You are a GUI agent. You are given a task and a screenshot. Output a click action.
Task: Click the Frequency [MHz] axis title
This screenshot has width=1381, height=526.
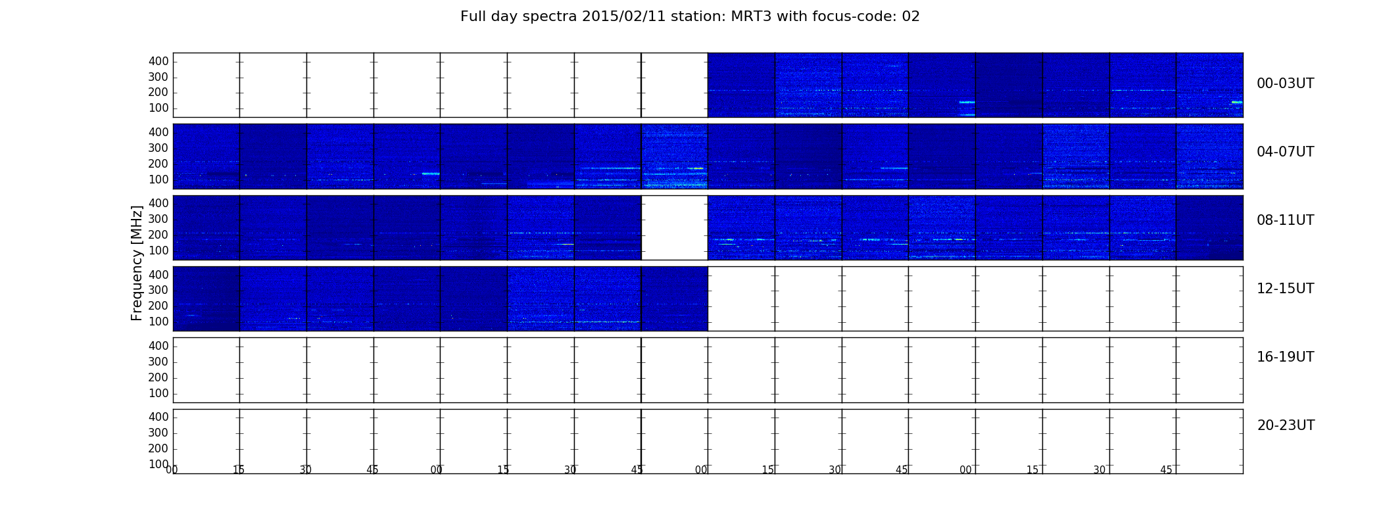point(137,263)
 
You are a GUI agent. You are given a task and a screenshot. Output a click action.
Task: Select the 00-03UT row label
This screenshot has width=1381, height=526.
point(1286,84)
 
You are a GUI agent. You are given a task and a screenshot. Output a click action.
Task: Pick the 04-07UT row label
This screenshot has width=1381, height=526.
point(1286,152)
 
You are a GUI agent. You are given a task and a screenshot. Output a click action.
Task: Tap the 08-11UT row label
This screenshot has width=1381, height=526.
point(1286,220)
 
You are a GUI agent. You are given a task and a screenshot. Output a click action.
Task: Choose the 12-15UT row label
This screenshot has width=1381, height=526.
point(1286,289)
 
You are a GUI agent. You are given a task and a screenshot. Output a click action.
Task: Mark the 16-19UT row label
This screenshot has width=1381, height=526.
point(1286,357)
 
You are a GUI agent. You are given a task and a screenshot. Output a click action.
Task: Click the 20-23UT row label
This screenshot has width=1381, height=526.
point(1286,425)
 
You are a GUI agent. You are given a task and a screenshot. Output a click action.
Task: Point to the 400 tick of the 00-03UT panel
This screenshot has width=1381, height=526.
point(158,61)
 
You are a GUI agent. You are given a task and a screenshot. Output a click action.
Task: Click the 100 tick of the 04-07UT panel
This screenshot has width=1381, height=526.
point(158,179)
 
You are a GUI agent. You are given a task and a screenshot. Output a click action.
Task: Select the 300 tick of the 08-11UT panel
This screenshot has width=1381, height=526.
point(158,219)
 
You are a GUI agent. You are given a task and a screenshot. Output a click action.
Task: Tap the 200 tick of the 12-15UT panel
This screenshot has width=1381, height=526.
point(158,306)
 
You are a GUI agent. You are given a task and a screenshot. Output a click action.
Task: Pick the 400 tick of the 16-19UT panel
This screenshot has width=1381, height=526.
point(158,346)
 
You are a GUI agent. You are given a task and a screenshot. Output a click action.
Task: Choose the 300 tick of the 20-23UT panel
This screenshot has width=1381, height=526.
point(158,433)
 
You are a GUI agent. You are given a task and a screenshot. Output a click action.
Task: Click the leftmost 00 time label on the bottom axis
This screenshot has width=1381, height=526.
point(172,469)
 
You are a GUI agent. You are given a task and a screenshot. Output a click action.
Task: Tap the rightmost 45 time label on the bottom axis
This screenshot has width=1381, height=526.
point(1166,469)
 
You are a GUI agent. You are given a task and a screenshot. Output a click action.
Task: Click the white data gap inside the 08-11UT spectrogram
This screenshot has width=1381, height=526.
point(675,227)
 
